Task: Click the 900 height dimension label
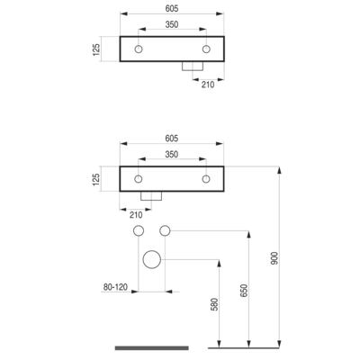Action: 274,258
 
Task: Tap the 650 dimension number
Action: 244,291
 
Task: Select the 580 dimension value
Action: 215,304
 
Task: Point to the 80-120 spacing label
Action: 115,287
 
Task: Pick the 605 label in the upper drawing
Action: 172,9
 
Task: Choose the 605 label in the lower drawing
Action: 172,139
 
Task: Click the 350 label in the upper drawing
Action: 172,24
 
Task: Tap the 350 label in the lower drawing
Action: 172,155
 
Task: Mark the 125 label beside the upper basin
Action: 96,49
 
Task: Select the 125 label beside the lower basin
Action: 96,179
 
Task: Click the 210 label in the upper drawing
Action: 208,85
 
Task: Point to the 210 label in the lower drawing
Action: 136,215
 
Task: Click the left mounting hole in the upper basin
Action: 139,46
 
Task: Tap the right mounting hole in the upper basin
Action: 206,46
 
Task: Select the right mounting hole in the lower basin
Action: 206,175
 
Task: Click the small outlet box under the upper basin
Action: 193,70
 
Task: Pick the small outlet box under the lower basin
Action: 151,200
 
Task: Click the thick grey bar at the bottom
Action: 152,348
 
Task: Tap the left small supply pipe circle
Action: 139,226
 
